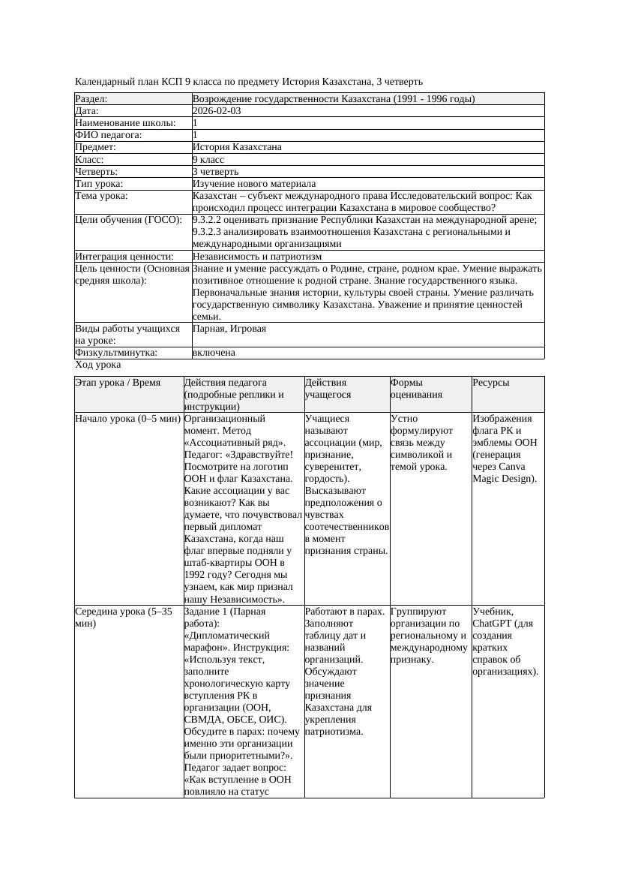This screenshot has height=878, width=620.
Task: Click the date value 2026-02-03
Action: point(217,111)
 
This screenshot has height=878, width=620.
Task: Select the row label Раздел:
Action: point(91,99)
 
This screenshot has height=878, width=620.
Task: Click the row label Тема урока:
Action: point(102,196)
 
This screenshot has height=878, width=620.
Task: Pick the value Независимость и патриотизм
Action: point(257,257)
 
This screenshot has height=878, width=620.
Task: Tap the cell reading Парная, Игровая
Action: point(229,329)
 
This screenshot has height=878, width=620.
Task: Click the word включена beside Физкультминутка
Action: point(214,353)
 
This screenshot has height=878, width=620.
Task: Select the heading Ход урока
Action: point(98,365)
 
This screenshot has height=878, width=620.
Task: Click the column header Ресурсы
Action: point(491,383)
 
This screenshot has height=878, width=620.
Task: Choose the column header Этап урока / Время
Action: point(118,383)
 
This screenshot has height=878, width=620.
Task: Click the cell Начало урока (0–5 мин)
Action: point(127,419)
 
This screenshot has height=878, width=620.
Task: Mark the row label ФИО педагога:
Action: point(109,135)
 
